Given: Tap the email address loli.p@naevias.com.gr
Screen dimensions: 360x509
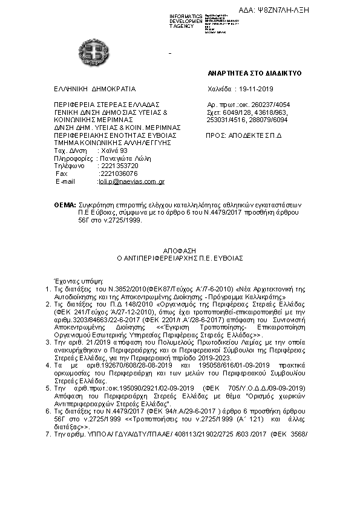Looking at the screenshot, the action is [x=132, y=181].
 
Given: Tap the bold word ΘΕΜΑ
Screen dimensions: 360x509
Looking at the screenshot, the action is [x=65, y=206].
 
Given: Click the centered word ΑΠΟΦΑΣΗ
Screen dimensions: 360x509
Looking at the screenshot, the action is [x=180, y=249].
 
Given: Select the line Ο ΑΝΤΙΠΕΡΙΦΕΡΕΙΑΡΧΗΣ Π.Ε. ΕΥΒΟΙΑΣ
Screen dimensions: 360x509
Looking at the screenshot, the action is [x=180, y=257].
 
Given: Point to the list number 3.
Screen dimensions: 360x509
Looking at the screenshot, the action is [x=48, y=343].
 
